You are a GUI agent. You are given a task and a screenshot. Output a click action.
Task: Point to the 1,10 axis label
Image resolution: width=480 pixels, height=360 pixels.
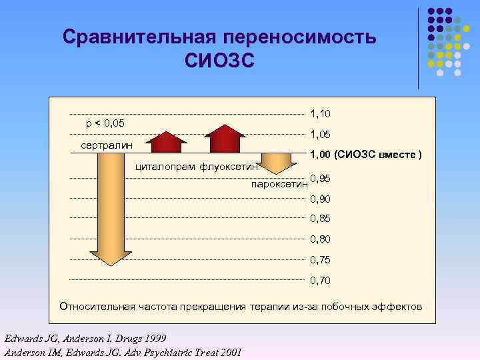pyautogui.click(x=321, y=115)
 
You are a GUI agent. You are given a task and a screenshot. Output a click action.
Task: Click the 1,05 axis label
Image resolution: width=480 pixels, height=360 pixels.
pyautogui.click(x=321, y=135)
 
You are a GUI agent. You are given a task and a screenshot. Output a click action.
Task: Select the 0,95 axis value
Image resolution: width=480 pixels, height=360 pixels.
pyautogui.click(x=321, y=179)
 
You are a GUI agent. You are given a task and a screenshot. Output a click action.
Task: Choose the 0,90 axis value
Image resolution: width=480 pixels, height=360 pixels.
pyautogui.click(x=321, y=199)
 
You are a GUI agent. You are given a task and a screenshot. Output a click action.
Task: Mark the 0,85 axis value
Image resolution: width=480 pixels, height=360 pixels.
pyautogui.click(x=321, y=219)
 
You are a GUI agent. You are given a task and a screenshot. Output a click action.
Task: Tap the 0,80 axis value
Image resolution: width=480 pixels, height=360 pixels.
pyautogui.click(x=321, y=239)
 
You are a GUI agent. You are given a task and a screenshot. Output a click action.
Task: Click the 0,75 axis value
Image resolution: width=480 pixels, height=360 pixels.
pyautogui.click(x=321, y=259)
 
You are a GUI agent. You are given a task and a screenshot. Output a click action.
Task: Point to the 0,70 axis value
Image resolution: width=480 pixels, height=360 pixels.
pyautogui.click(x=321, y=280)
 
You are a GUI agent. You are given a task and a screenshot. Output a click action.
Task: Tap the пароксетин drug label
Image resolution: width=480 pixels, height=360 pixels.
pyautogui.click(x=279, y=183)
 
